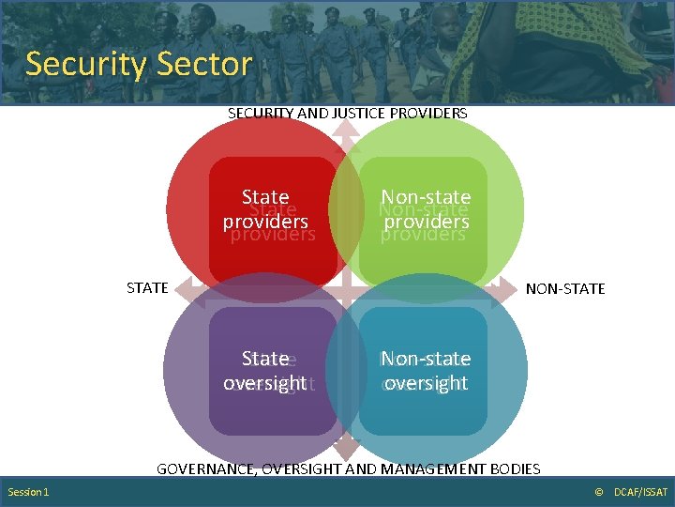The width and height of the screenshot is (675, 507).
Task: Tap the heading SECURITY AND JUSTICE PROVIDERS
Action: [x=347, y=113]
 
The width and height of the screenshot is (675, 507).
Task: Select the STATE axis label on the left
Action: [x=147, y=287]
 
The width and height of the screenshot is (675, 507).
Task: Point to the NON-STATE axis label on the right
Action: [x=565, y=288]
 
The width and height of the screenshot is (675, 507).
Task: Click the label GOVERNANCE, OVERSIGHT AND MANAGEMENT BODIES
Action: [x=348, y=468]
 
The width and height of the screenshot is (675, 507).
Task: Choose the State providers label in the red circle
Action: [x=265, y=209]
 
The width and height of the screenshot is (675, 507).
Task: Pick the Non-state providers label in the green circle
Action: [x=426, y=209]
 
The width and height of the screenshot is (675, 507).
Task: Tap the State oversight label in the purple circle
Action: [x=264, y=371]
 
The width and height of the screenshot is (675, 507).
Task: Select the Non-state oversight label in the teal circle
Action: [x=426, y=371]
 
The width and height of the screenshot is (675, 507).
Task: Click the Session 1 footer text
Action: [x=28, y=492]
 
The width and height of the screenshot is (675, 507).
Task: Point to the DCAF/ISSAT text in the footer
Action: [x=641, y=492]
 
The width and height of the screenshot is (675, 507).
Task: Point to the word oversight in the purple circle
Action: [x=264, y=383]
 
